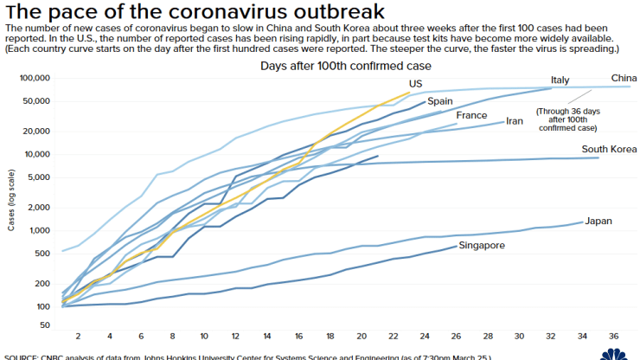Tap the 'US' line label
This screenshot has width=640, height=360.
(415, 84)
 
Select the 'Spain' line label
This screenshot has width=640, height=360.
(440, 101)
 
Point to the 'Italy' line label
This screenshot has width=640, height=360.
(560, 80)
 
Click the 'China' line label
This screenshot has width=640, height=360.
(624, 78)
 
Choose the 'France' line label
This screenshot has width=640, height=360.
(471, 116)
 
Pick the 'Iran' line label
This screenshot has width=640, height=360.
(515, 121)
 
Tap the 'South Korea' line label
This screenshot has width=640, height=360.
(609, 150)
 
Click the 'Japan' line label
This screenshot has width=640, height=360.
(598, 221)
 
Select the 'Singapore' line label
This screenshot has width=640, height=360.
(482, 246)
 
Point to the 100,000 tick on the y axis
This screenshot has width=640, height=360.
(35, 78)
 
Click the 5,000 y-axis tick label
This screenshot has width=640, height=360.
(39, 177)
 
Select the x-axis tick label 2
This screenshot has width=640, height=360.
(78, 336)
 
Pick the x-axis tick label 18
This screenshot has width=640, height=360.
(330, 336)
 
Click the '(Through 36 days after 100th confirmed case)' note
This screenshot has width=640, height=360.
(566, 119)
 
